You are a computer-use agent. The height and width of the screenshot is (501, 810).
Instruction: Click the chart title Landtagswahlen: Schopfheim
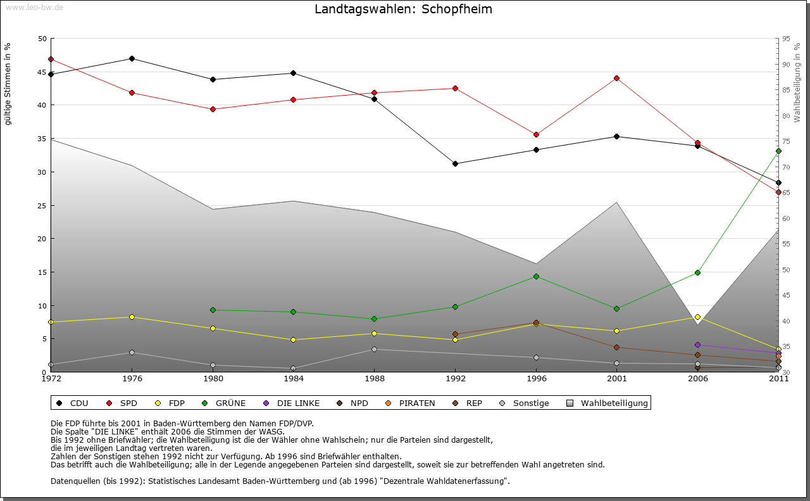point(403,10)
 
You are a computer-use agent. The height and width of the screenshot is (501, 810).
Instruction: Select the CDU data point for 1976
point(132,58)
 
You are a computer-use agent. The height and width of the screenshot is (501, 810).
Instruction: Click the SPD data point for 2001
point(616,78)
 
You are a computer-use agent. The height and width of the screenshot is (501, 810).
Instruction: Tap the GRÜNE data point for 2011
point(778,151)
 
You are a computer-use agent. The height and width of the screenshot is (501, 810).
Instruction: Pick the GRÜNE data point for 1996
point(536,276)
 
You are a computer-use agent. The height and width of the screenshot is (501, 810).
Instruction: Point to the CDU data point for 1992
point(455,163)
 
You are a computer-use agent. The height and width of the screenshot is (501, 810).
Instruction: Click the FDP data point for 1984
point(294,339)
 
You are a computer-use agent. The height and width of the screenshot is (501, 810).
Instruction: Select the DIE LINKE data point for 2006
point(697,345)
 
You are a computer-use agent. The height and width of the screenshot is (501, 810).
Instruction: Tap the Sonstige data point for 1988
point(374,349)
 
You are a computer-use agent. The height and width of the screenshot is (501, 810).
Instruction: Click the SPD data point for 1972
point(51,59)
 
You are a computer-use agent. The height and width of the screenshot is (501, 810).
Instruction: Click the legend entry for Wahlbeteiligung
point(607,403)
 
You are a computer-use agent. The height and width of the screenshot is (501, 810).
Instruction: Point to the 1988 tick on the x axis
point(374,379)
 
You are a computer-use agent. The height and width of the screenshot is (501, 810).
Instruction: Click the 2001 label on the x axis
point(616,379)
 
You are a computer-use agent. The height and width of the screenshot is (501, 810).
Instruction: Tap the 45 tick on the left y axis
point(42,72)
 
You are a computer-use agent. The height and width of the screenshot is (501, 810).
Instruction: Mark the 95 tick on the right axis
point(786,39)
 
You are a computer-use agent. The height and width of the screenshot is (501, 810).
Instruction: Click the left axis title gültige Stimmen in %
point(8,84)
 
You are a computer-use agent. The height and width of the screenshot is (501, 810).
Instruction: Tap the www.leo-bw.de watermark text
point(34,7)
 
